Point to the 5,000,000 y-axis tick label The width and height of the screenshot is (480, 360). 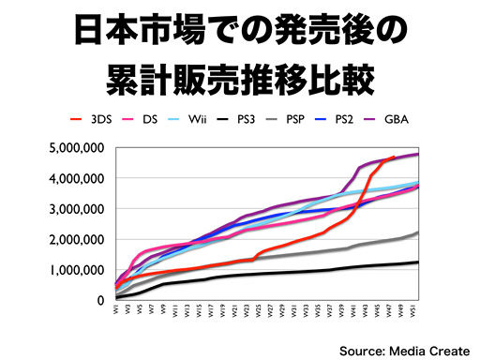click(x=75, y=147)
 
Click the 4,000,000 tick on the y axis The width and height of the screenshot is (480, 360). click(x=75, y=178)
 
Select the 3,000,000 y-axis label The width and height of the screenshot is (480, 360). click(x=75, y=208)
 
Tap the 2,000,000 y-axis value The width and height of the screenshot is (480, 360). click(x=75, y=239)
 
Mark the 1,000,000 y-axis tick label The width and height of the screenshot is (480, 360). click(x=75, y=269)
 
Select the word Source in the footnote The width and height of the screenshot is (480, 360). click(x=361, y=348)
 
